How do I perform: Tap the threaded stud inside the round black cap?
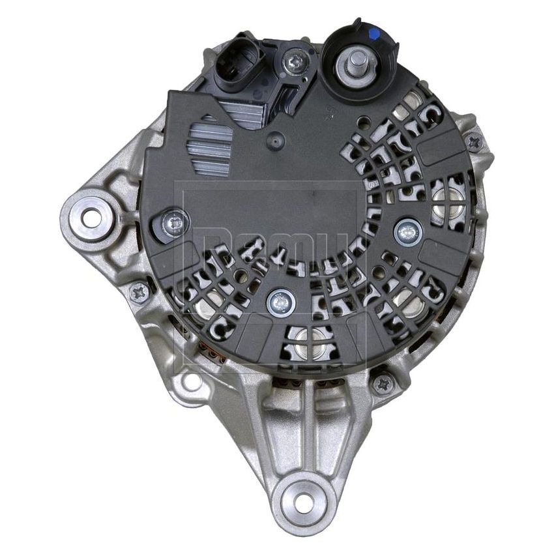tap(357, 64)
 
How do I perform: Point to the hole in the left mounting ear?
tap(91, 218)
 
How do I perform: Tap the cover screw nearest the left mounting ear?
tap(174, 224)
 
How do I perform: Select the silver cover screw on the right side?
tap(408, 229)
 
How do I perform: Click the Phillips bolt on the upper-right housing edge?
tap(473, 140)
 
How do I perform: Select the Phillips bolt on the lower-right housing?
tap(383, 383)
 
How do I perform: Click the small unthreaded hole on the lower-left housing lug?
tap(190, 381)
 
